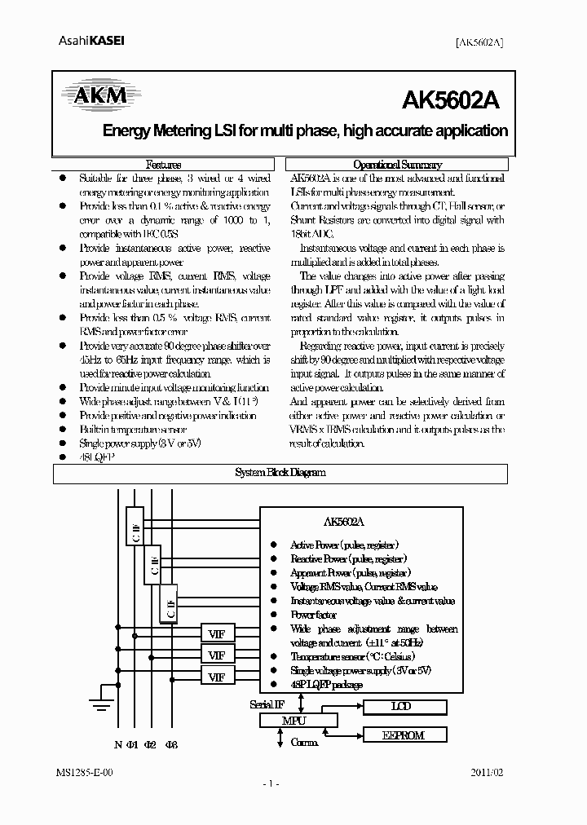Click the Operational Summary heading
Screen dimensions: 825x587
pyautogui.click(x=398, y=164)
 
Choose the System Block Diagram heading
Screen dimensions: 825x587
pyautogui.click(x=280, y=473)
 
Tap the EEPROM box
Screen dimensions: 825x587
pyautogui.click(x=404, y=735)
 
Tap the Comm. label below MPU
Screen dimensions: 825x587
pyautogui.click(x=304, y=743)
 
